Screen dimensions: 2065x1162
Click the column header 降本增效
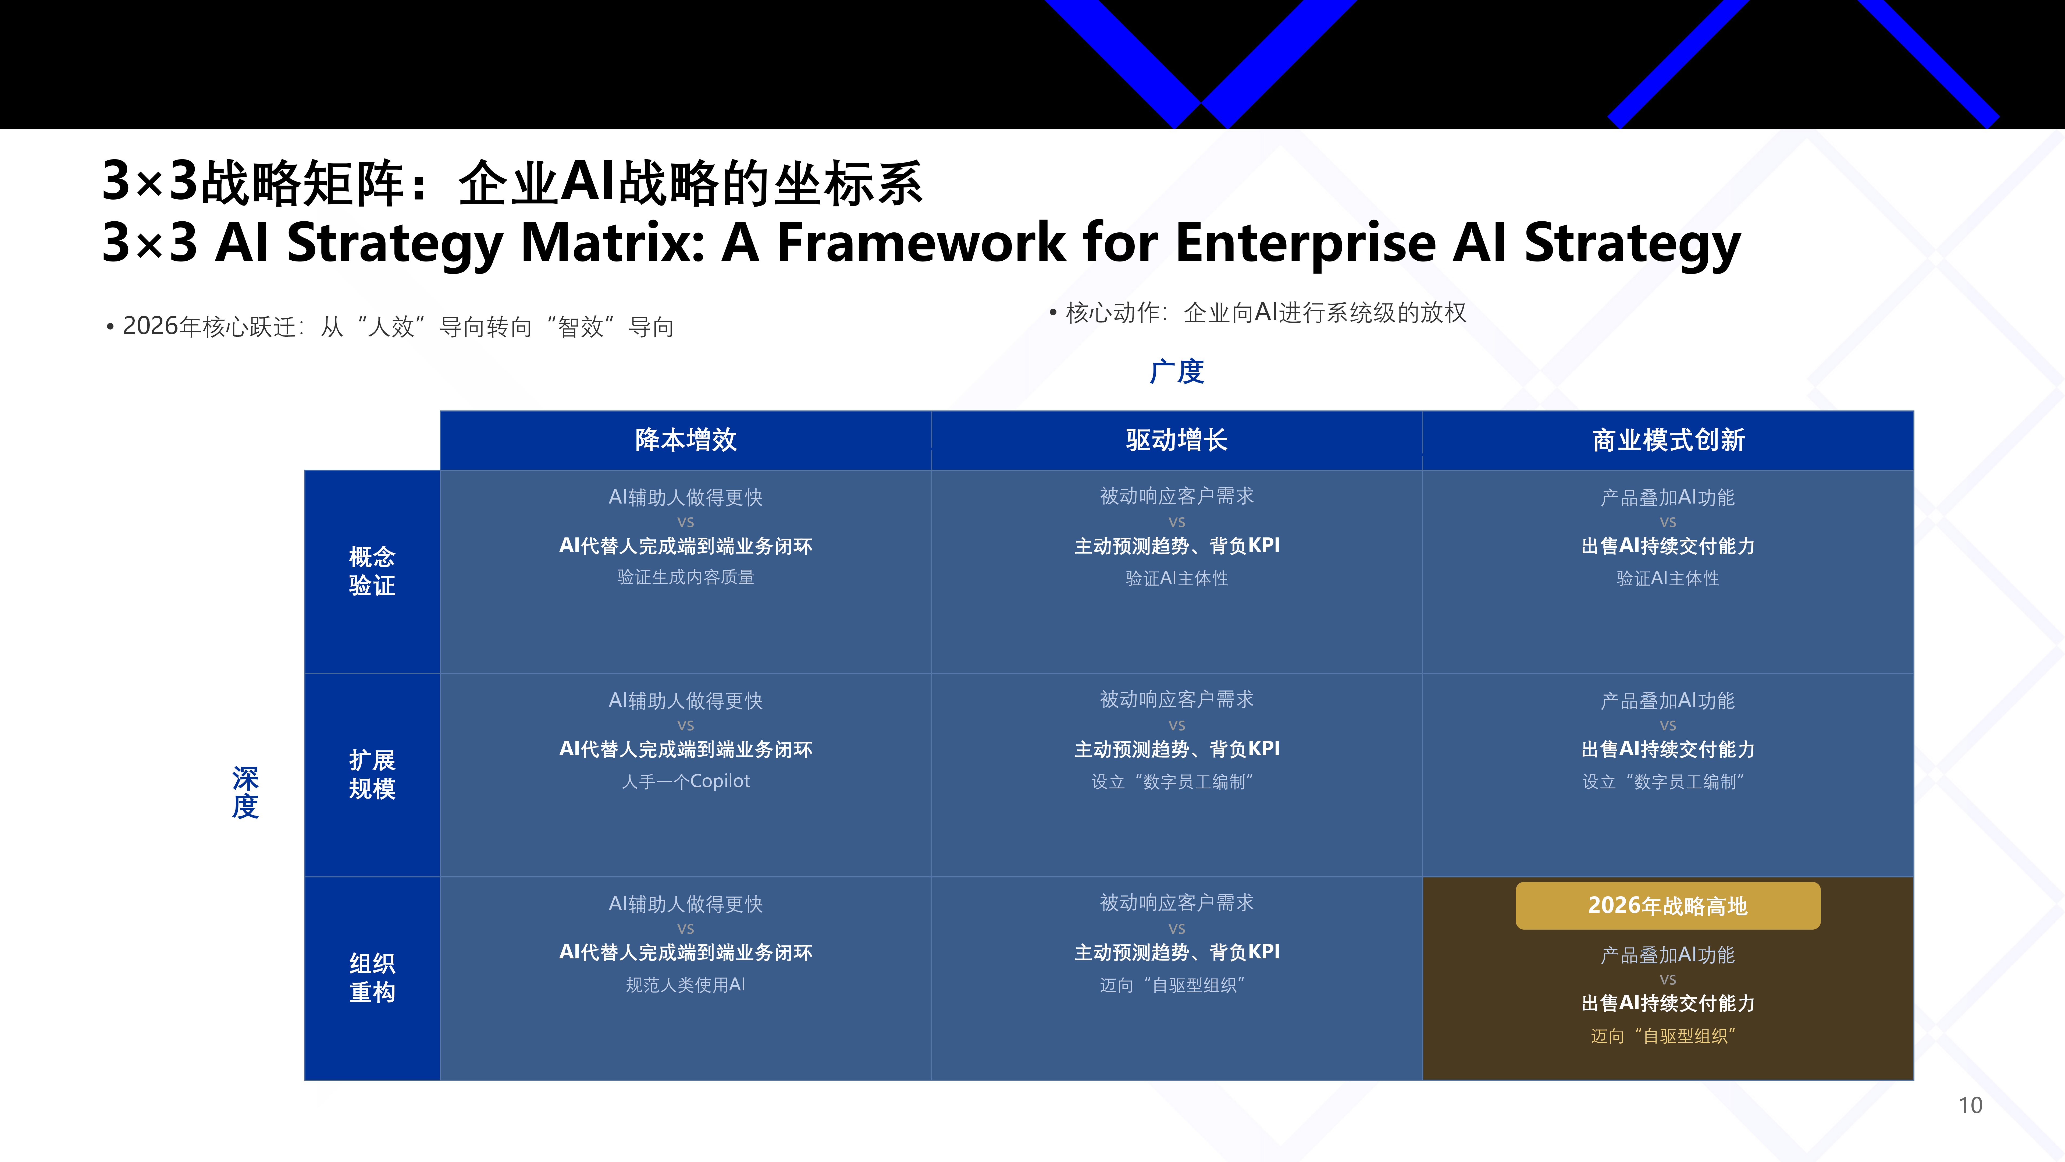pyautogui.click(x=685, y=440)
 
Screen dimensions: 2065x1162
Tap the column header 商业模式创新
pyautogui.click(x=1668, y=440)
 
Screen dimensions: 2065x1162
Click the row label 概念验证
pyautogui.click(x=372, y=571)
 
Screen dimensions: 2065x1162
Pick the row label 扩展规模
pyautogui.click(x=372, y=774)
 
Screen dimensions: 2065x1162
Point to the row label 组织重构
pyautogui.click(x=372, y=977)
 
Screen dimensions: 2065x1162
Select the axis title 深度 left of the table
pyautogui.click(x=245, y=792)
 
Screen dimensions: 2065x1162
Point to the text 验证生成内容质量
pyautogui.click(x=685, y=578)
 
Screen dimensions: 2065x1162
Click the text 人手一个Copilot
pyautogui.click(x=685, y=781)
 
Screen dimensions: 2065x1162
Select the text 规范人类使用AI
pyautogui.click(x=685, y=985)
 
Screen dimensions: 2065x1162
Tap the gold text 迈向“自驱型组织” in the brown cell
pyautogui.click(x=1663, y=1036)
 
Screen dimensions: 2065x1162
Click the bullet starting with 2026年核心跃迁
pyautogui.click(x=390, y=326)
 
